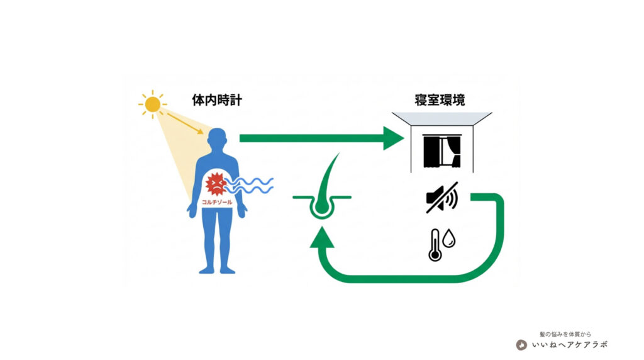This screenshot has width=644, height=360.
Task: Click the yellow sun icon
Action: tap(152, 104)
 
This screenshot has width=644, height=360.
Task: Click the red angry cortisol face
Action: tap(216, 184)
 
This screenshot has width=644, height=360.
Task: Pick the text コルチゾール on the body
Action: tap(217, 202)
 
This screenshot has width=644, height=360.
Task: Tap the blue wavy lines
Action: tap(252, 186)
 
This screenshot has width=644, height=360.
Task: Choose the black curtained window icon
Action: tap(441, 152)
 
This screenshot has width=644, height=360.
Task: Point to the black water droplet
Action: tap(449, 239)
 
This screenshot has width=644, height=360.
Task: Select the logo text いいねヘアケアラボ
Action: tap(569, 345)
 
